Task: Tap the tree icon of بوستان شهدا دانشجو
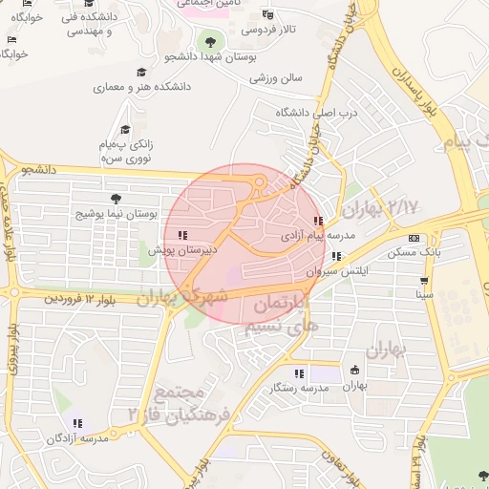[209, 41]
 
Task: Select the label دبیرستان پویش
[183, 249]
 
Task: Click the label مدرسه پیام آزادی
[318, 234]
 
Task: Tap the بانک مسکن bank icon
[413, 238]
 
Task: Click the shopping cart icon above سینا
[424, 281]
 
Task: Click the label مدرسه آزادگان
[79, 437]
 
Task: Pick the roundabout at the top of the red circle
[259, 182]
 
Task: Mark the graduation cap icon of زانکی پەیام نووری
[124, 131]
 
